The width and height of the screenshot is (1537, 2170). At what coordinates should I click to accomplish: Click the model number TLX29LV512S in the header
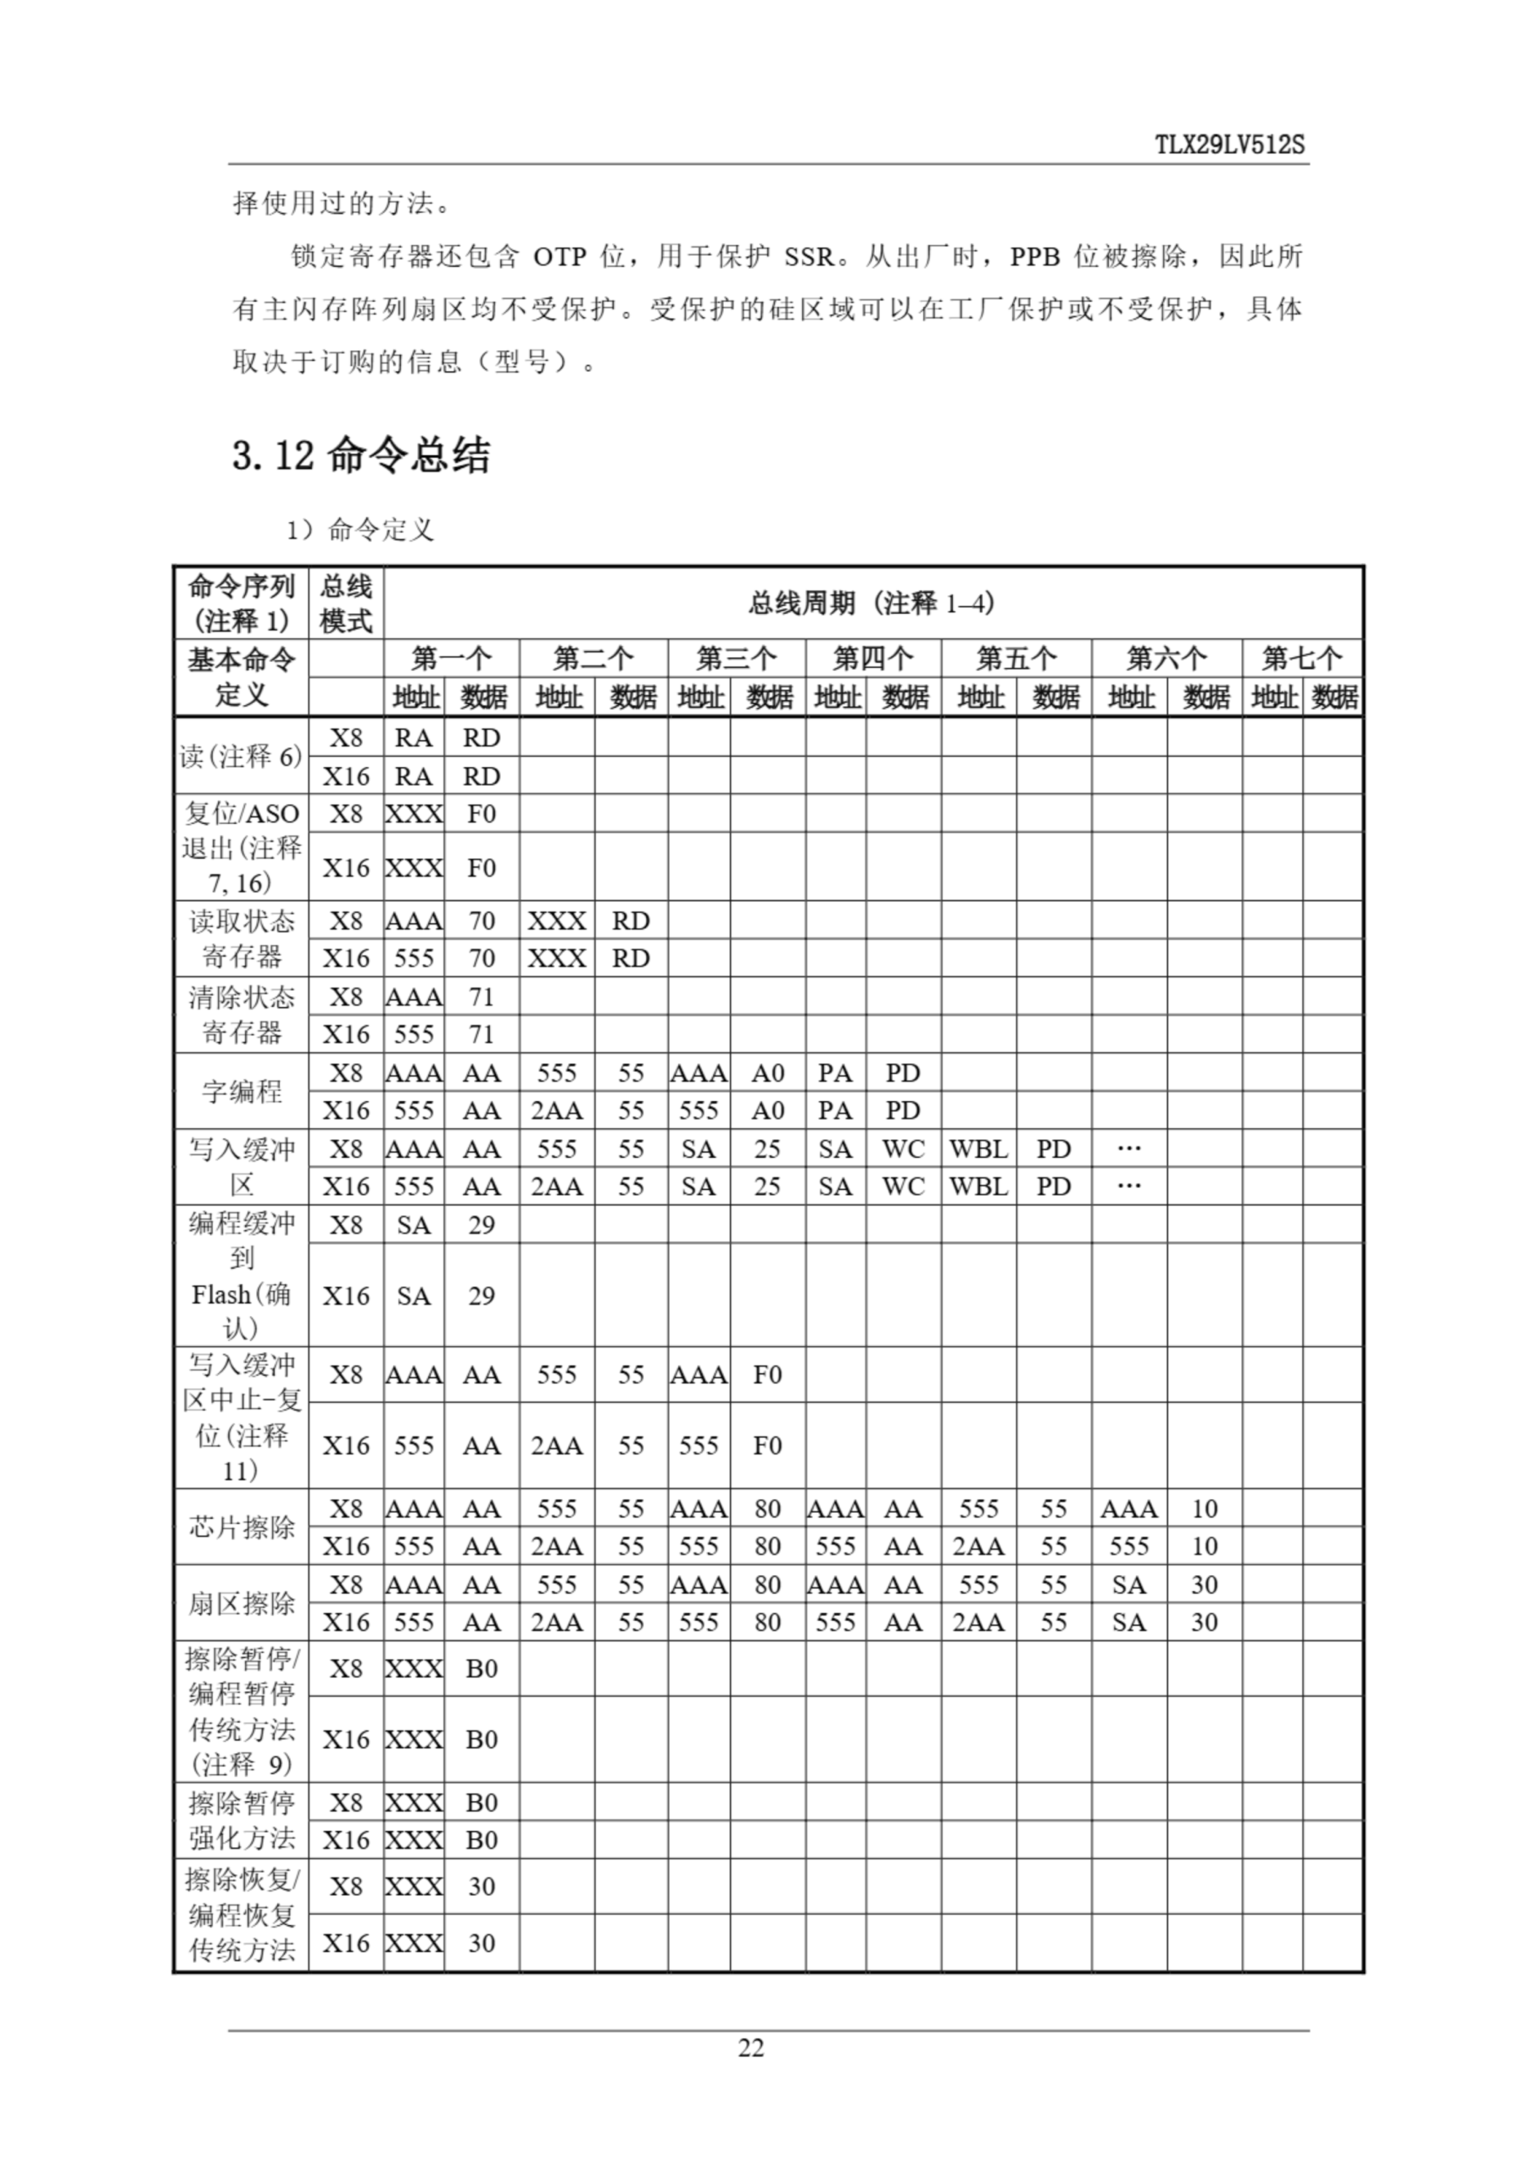1229,145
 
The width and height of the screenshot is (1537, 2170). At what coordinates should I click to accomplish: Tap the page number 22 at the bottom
750,2047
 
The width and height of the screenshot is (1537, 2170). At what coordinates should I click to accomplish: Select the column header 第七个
1301,658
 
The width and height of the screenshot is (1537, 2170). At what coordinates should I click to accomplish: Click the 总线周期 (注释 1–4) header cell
872,603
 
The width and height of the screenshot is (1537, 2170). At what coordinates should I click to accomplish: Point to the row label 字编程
242,1091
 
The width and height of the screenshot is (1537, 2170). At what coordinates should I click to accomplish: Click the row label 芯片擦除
242,1527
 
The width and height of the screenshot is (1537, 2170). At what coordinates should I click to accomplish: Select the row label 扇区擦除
242,1603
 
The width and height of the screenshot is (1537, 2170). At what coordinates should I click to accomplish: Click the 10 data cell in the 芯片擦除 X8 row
1204,1509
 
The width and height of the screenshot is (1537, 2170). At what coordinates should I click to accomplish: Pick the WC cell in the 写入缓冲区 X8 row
903,1149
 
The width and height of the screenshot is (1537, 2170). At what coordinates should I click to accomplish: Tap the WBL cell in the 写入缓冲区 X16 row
977,1187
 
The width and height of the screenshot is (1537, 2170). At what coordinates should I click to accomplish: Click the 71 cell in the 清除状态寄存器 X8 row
482,997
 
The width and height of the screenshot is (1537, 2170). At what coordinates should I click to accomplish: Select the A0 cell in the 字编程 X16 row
766,1110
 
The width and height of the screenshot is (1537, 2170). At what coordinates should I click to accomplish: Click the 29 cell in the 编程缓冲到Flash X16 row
482,1295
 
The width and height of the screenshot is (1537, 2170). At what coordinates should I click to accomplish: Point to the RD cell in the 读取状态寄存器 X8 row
631,921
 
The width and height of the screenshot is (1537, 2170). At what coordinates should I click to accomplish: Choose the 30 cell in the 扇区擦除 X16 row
1204,1622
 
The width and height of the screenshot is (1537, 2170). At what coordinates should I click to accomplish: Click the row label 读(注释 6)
242,756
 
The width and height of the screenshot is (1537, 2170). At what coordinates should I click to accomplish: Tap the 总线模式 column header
345,603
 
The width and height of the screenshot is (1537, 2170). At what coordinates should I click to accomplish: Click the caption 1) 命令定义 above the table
360,530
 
